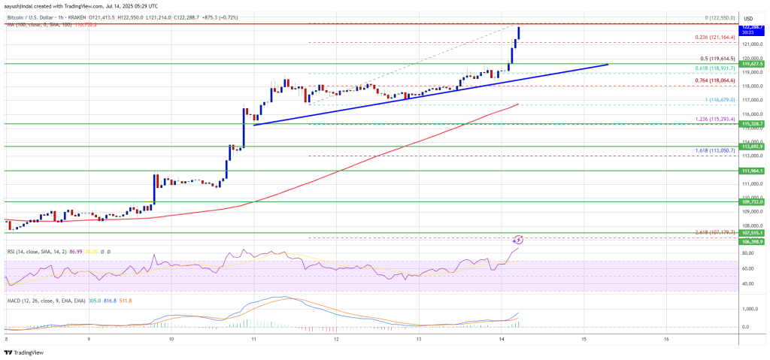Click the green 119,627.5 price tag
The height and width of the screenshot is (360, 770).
pos(753,65)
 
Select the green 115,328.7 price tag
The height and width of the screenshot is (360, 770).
pos(753,123)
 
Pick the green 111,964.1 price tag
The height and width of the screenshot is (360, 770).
pos(753,171)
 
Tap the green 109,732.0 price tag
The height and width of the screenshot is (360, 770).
pos(753,202)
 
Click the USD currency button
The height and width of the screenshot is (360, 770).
pos(748,19)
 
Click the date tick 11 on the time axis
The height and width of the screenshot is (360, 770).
pos(254,339)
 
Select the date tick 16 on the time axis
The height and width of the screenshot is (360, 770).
pos(666,339)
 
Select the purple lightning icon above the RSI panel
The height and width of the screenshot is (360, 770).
pos(518,239)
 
